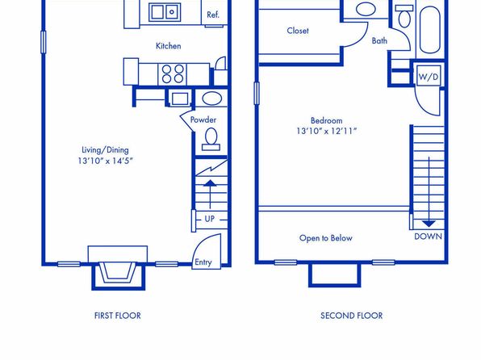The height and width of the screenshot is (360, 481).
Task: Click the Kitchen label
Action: click(x=168, y=46)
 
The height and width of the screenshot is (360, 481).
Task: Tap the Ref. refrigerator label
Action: click(x=213, y=15)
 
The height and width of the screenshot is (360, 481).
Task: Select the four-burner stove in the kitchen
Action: click(x=173, y=74)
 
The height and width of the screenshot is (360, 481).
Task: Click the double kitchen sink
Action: click(x=165, y=12)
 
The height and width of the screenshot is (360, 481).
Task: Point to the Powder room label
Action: click(x=203, y=119)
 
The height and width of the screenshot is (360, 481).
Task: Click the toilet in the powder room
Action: click(x=211, y=140)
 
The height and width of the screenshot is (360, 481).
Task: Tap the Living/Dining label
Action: click(x=105, y=150)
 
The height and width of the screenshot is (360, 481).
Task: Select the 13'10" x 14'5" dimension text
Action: click(x=105, y=161)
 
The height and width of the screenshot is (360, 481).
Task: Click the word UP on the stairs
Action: click(x=210, y=219)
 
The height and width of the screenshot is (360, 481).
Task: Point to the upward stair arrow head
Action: click(x=210, y=183)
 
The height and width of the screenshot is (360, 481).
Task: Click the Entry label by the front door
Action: click(x=203, y=262)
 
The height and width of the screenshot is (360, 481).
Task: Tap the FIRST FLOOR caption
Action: click(x=118, y=316)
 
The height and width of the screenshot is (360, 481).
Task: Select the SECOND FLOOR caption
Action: click(x=352, y=316)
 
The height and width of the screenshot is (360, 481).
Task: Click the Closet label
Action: click(x=298, y=31)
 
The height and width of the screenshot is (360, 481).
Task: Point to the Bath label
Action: click(x=379, y=41)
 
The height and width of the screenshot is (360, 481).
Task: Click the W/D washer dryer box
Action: click(x=429, y=76)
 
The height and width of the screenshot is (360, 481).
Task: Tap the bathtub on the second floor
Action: click(x=430, y=29)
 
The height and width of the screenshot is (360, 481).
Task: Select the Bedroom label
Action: click(x=326, y=120)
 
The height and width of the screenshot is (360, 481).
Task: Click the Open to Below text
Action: click(x=326, y=238)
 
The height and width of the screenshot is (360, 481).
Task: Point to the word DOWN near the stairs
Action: click(x=429, y=237)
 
